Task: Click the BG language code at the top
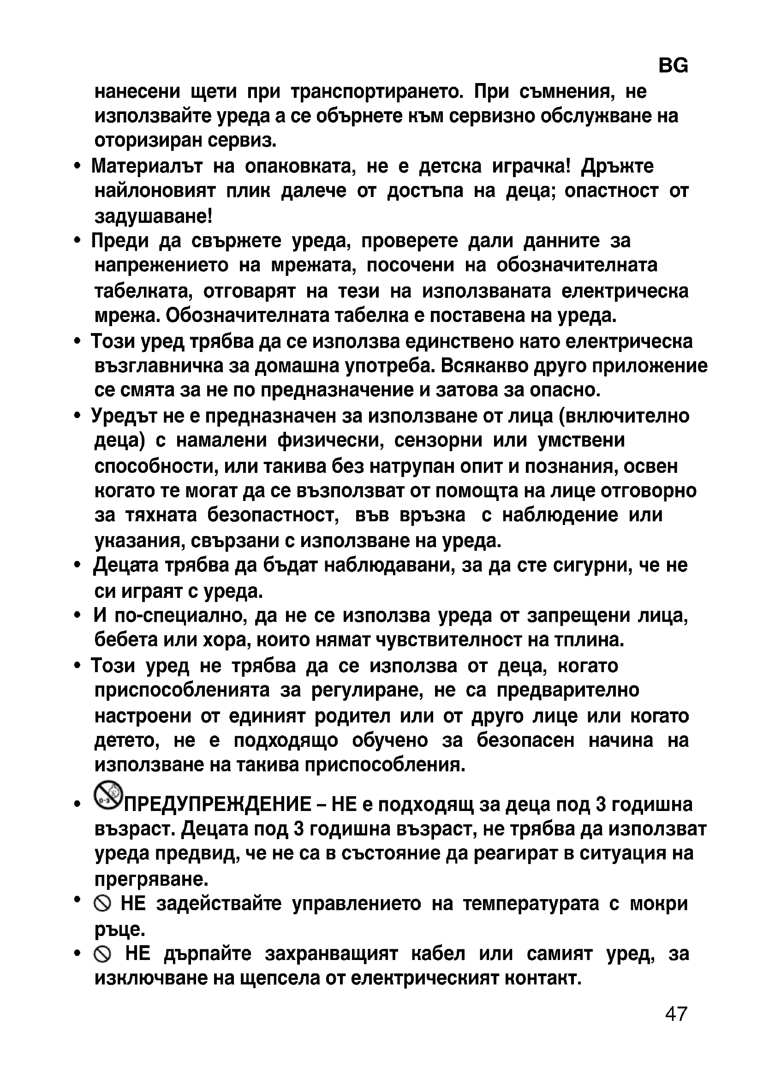click(x=673, y=66)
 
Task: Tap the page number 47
click(x=676, y=1014)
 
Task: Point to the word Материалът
click(x=147, y=166)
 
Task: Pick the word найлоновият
click(x=155, y=191)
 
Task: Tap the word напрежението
click(x=161, y=266)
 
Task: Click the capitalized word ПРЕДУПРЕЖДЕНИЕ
click(x=217, y=805)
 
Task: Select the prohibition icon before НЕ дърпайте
click(x=102, y=954)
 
